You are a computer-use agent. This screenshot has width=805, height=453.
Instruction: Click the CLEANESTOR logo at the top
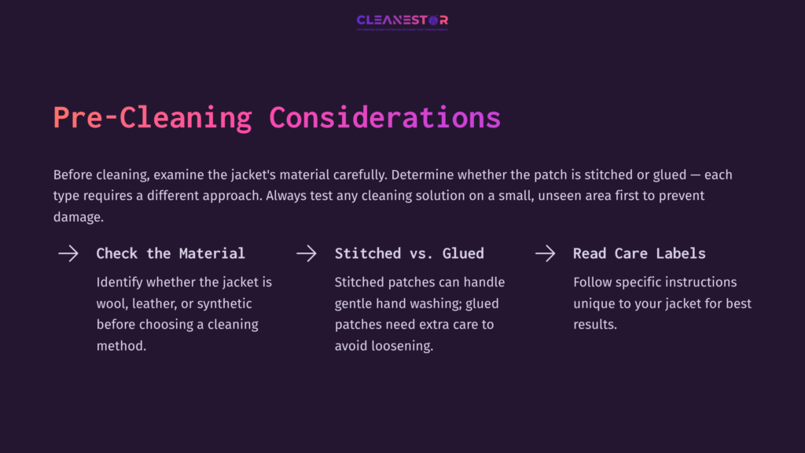point(402,20)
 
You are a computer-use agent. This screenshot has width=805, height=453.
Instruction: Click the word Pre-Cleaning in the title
point(153,117)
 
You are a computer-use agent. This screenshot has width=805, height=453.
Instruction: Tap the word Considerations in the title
point(384,117)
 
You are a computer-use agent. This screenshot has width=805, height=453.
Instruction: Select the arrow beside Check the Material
point(68,253)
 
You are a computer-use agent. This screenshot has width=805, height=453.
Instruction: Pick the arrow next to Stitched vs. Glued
point(306,253)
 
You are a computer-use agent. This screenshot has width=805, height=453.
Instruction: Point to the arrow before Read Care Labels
point(545,253)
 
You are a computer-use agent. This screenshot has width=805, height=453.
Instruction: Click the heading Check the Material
point(171,253)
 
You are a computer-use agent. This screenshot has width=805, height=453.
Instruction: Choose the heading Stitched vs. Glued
point(409,253)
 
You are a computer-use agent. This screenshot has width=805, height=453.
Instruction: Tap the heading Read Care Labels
point(639,253)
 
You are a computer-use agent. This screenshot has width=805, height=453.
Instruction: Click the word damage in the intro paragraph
point(78,217)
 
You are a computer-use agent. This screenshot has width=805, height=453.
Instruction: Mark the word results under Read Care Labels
point(595,324)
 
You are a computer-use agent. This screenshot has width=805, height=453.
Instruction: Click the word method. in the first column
point(121,345)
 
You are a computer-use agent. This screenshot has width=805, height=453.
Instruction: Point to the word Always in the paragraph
point(289,196)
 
